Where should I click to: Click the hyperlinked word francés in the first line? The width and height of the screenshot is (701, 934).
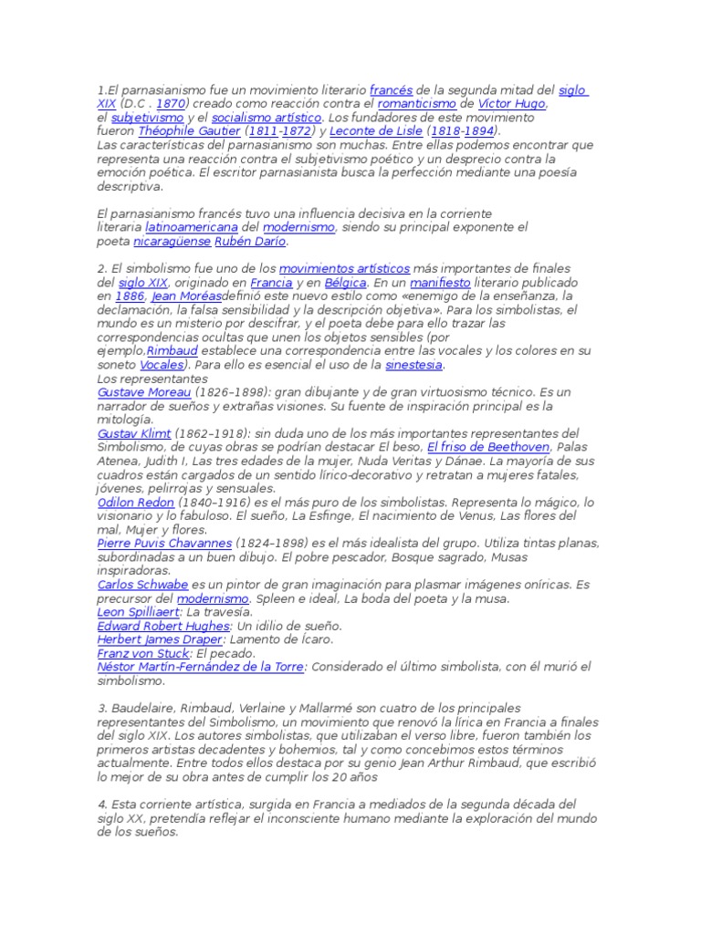click(x=392, y=91)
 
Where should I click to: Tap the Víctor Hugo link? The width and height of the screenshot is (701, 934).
click(x=512, y=105)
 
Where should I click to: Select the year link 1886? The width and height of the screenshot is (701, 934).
click(x=131, y=296)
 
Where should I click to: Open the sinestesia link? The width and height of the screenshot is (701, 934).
click(x=413, y=365)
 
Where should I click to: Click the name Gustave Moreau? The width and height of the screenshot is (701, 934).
click(x=137, y=392)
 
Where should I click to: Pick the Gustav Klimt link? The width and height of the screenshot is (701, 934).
click(x=134, y=433)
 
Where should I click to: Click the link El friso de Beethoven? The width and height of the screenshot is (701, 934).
click(x=488, y=447)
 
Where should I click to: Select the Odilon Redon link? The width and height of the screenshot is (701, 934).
click(x=135, y=502)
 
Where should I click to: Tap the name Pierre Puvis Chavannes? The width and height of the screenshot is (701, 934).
click(x=164, y=543)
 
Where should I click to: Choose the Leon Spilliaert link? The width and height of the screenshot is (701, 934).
click(x=137, y=612)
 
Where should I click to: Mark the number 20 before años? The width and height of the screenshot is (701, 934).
click(x=325, y=776)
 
